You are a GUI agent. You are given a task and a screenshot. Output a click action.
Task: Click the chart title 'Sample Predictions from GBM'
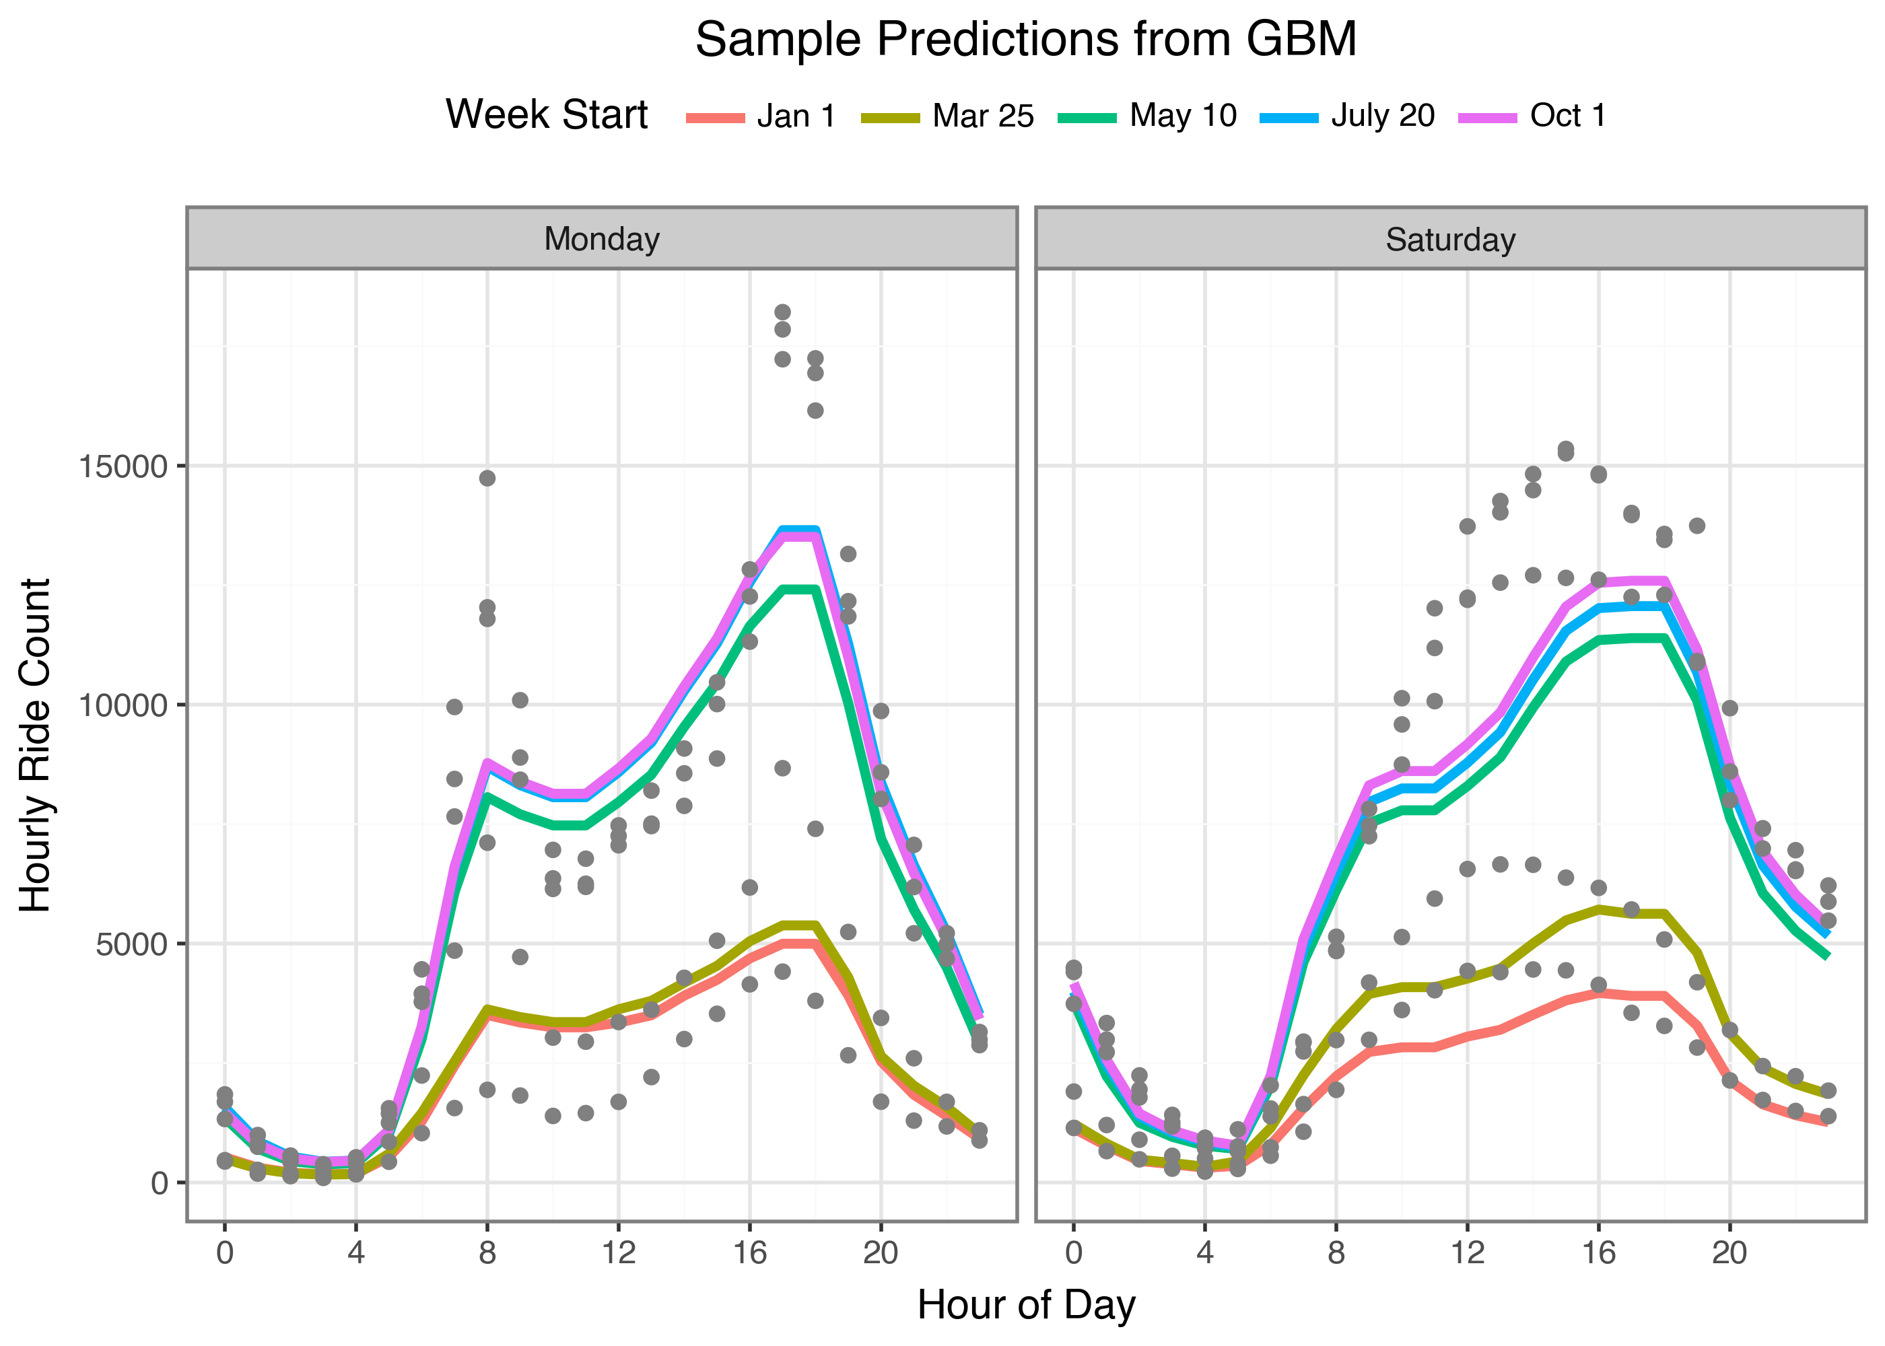pos(1025,39)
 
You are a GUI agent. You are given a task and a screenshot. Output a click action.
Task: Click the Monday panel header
pos(602,239)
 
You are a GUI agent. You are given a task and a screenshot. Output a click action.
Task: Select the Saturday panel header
pos(1451,240)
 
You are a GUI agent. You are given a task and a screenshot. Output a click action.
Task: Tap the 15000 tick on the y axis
pos(123,466)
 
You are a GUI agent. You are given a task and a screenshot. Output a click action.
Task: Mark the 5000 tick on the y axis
pos(132,944)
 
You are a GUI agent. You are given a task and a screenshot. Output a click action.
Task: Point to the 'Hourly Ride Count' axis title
pos(36,745)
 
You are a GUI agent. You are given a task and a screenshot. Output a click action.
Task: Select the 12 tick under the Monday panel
pos(619,1252)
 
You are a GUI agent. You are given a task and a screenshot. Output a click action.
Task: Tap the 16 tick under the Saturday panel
pos(1598,1252)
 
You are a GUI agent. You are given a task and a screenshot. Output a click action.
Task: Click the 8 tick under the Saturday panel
pos(1336,1252)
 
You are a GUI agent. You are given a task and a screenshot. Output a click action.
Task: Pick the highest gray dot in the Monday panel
pos(782,312)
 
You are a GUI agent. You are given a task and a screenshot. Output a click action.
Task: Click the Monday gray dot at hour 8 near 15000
pos(487,479)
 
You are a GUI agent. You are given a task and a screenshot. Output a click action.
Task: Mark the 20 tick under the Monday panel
pos(881,1252)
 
